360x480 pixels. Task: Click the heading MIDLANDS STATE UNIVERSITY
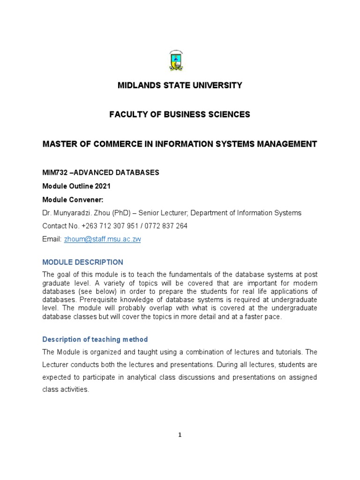pos(180,85)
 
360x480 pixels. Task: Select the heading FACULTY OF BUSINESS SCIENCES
pos(180,114)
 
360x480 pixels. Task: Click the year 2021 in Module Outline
pos(102,186)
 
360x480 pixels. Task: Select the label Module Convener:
pos(73,199)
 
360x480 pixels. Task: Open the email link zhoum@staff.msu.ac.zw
pos(102,239)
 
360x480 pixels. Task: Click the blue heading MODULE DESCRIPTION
pos(82,262)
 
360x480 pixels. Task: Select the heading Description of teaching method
pos(95,339)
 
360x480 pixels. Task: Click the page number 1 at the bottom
pos(180,435)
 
